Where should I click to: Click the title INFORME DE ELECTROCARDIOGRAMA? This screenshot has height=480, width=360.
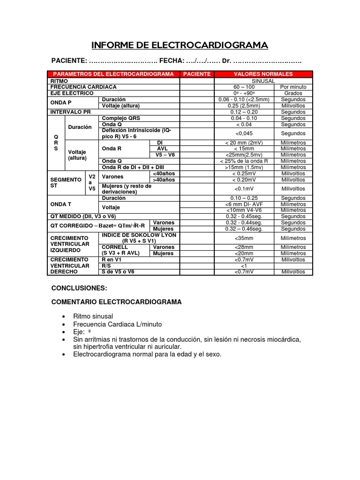pyautogui.click(x=180, y=45)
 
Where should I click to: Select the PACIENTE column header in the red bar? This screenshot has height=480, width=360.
pyautogui.click(x=197, y=74)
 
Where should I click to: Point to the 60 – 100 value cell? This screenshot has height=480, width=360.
pyautogui.click(x=244, y=87)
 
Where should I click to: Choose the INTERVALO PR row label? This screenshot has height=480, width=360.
pyautogui.click(x=70, y=112)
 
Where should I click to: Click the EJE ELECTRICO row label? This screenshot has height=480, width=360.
pyautogui.click(x=73, y=93)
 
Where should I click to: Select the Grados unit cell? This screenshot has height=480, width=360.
pyautogui.click(x=293, y=93)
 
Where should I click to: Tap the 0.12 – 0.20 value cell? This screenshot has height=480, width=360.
pyautogui.click(x=244, y=112)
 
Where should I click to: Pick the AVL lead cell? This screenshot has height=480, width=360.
pyautogui.click(x=162, y=148)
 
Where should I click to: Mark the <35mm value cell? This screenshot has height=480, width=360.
pyautogui.click(x=244, y=238)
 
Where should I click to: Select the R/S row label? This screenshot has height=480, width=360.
pyautogui.click(x=107, y=265)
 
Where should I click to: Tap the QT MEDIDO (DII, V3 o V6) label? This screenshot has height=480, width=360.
pyautogui.click(x=83, y=216)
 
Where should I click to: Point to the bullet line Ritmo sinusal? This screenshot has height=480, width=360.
pyautogui.click(x=93, y=316)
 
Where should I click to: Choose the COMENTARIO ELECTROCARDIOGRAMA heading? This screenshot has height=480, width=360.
pyautogui.click(x=116, y=302)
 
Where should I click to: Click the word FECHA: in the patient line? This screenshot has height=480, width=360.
pyautogui.click(x=171, y=61)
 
